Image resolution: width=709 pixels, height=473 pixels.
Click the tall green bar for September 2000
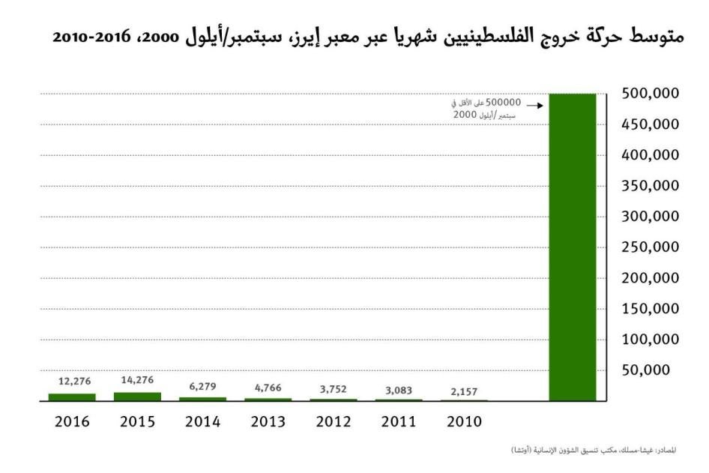pyautogui.click(x=573, y=247)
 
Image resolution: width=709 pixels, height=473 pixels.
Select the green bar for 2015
pyautogui.click(x=137, y=397)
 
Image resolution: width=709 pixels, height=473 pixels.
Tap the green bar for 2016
pyautogui.click(x=72, y=397)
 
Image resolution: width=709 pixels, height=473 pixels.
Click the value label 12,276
pyautogui.click(x=72, y=382)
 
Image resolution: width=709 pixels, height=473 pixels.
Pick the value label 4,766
pyautogui.click(x=268, y=388)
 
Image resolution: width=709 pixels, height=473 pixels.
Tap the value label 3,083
pyautogui.click(x=398, y=390)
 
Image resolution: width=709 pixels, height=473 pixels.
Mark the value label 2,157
pyautogui.click(x=463, y=391)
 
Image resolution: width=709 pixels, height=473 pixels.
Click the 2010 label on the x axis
pyautogui.click(x=464, y=421)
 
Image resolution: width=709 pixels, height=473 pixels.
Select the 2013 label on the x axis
pyautogui.click(x=268, y=421)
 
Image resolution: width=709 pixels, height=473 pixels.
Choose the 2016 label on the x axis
pyautogui.click(x=73, y=421)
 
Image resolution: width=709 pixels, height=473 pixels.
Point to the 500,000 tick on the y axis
pyautogui.click(x=651, y=94)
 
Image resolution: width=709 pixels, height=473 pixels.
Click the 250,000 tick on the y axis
pyautogui.click(x=651, y=247)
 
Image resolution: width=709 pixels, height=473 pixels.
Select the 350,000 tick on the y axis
pyautogui.click(x=651, y=185)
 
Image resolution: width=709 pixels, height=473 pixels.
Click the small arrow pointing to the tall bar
pyautogui.click(x=534, y=106)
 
